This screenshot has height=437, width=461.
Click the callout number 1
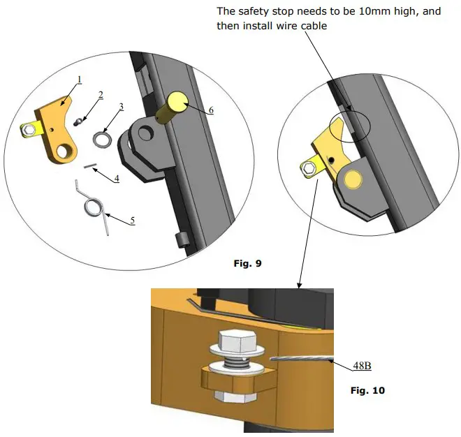point(79,80)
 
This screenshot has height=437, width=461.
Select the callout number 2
point(101,94)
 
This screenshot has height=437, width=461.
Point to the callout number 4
point(117,178)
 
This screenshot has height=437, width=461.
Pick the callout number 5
point(132,221)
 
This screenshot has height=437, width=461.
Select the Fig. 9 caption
point(246,262)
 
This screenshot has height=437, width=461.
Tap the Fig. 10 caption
point(367,390)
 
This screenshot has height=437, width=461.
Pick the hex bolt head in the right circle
point(308,168)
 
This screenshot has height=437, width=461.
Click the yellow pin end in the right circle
point(352,179)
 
